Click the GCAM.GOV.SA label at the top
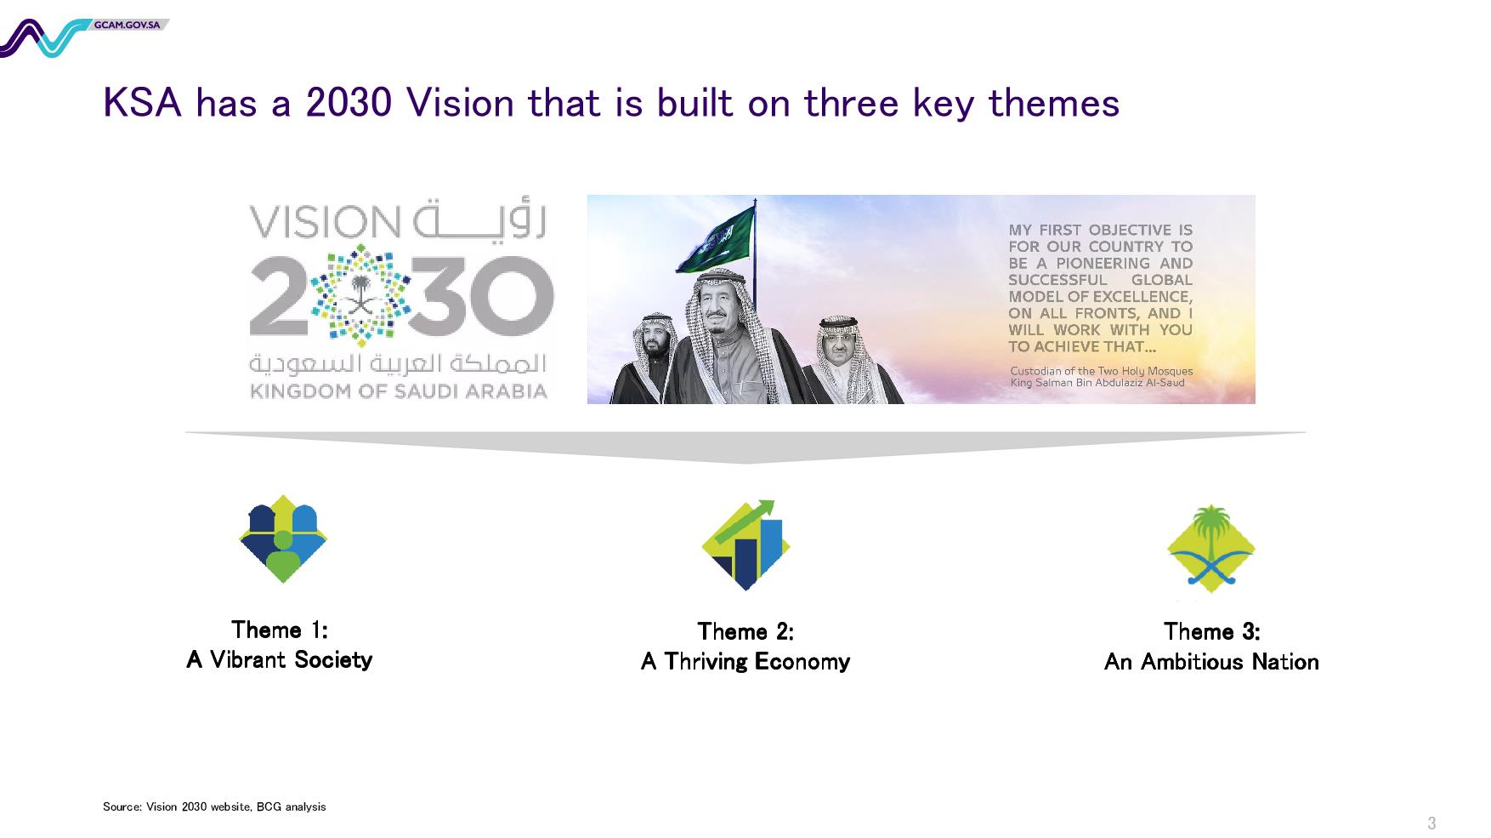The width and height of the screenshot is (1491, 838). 128,25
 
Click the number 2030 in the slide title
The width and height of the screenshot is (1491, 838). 349,103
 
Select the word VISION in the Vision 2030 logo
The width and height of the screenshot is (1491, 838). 324,223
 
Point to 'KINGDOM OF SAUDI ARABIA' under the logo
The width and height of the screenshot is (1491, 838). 398,391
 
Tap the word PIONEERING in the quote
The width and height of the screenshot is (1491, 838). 1102,263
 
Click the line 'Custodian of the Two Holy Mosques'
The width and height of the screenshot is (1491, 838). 1101,371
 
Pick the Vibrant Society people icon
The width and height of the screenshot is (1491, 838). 283,539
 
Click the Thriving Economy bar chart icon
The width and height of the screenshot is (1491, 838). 745,545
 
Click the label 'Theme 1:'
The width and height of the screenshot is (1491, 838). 280,630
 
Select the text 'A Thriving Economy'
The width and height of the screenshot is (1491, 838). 745,661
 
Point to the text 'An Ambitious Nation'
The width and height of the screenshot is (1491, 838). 1210,661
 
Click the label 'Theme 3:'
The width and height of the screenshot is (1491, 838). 1211,631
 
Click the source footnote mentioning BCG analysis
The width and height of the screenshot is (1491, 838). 214,807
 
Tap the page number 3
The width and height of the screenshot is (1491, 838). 1431,823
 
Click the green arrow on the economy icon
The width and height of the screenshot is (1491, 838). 745,519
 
